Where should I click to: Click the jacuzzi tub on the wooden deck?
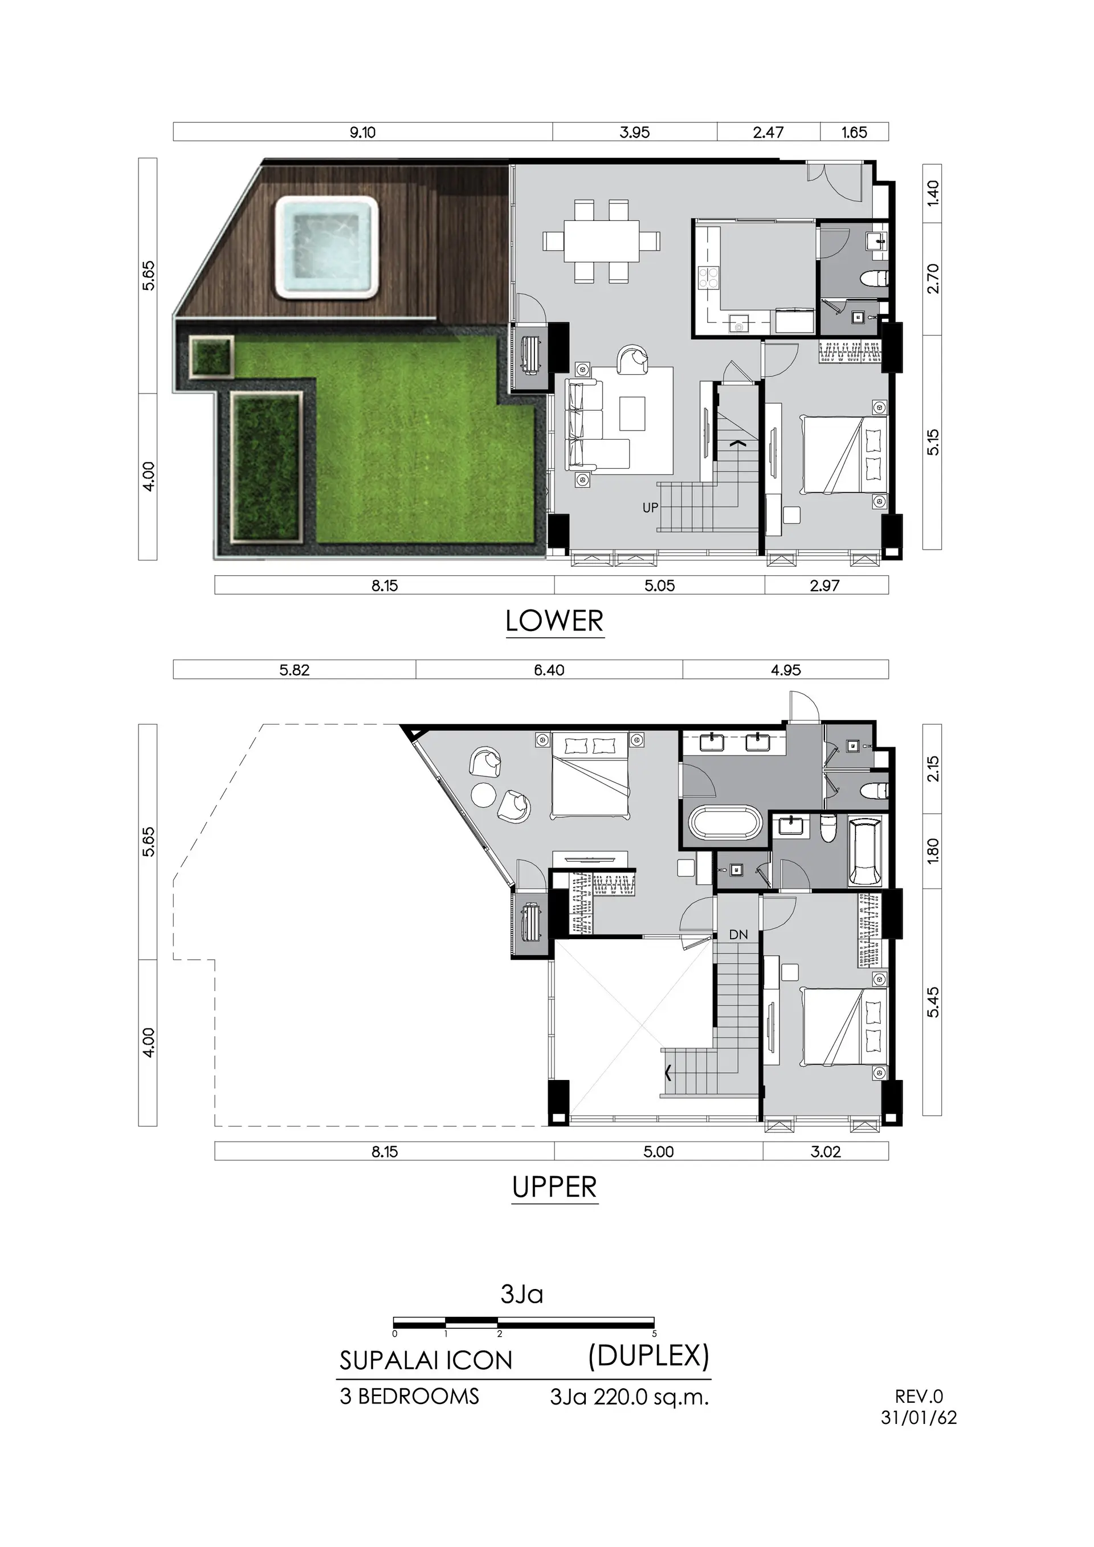[326, 247]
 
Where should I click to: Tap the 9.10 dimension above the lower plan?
[362, 132]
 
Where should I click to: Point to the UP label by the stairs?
[650, 508]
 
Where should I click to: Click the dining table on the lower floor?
[601, 241]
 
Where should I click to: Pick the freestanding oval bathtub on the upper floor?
[725, 824]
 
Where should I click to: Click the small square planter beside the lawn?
[211, 356]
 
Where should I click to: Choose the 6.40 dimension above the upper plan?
[549, 670]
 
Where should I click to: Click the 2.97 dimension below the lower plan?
[825, 586]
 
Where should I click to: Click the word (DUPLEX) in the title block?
[648, 1356]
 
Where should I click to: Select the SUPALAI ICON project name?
[426, 1360]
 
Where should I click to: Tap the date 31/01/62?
[918, 1418]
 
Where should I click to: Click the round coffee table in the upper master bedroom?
[483, 795]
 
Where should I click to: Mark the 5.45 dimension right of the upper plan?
[933, 1002]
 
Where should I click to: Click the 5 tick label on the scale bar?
[654, 1333]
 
